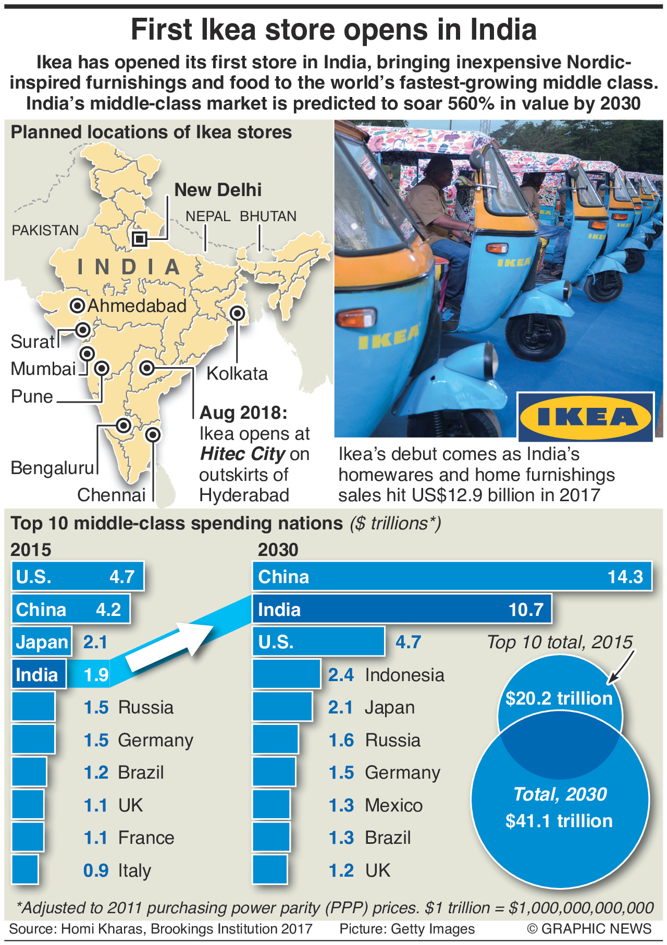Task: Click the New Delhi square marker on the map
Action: (x=139, y=239)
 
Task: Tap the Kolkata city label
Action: (x=237, y=373)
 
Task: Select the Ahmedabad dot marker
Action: (x=78, y=306)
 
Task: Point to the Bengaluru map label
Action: (x=52, y=468)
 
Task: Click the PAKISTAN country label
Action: (x=45, y=230)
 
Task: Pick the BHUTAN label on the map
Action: (x=268, y=216)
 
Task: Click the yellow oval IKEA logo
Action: (x=585, y=417)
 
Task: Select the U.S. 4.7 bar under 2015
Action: (x=77, y=576)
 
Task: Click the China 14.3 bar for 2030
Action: (x=452, y=576)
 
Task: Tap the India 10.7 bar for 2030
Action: (x=402, y=609)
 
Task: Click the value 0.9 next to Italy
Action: (x=96, y=870)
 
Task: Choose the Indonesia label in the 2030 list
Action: (x=404, y=675)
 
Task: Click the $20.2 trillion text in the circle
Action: (x=559, y=698)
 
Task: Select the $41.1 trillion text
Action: (x=559, y=821)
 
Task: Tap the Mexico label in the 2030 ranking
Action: (x=393, y=805)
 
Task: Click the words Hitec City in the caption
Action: (x=242, y=454)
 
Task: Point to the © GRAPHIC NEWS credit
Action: (x=589, y=928)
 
